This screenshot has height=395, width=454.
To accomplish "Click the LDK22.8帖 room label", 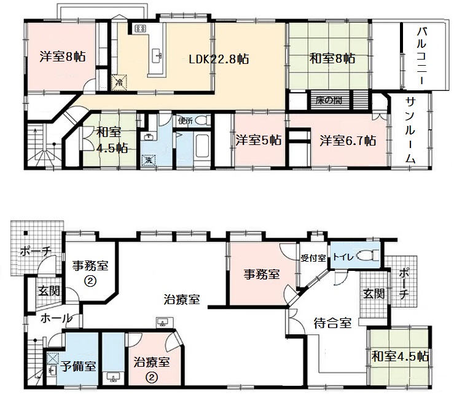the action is click(x=219, y=60).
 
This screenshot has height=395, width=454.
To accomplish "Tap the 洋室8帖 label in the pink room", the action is click(x=63, y=57).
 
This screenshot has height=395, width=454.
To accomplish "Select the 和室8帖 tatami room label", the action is click(x=332, y=58).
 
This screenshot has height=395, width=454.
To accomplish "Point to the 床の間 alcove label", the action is click(x=329, y=101).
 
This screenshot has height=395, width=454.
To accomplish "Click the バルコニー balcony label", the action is click(x=421, y=56).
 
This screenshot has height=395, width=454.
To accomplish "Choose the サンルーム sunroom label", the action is click(x=410, y=130).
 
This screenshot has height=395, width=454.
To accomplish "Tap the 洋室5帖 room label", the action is click(x=258, y=140).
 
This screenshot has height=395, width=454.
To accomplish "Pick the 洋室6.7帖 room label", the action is click(x=348, y=141).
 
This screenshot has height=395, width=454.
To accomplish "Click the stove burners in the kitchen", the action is click(x=141, y=28).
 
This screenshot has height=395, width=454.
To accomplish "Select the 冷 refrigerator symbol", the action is click(x=119, y=82).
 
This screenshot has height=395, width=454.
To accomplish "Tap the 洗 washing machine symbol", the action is click(x=149, y=160).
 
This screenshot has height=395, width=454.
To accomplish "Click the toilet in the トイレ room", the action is click(x=366, y=256).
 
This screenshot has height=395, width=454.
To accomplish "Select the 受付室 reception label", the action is click(x=313, y=258).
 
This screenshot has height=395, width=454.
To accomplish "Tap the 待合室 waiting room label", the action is click(x=332, y=323).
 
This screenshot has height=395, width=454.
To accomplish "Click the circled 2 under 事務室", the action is click(x=90, y=281).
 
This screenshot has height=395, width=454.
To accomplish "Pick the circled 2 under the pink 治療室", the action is click(x=151, y=377).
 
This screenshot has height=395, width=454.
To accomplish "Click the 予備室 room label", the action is click(x=78, y=366).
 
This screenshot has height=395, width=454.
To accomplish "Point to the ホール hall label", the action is click(x=56, y=318).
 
